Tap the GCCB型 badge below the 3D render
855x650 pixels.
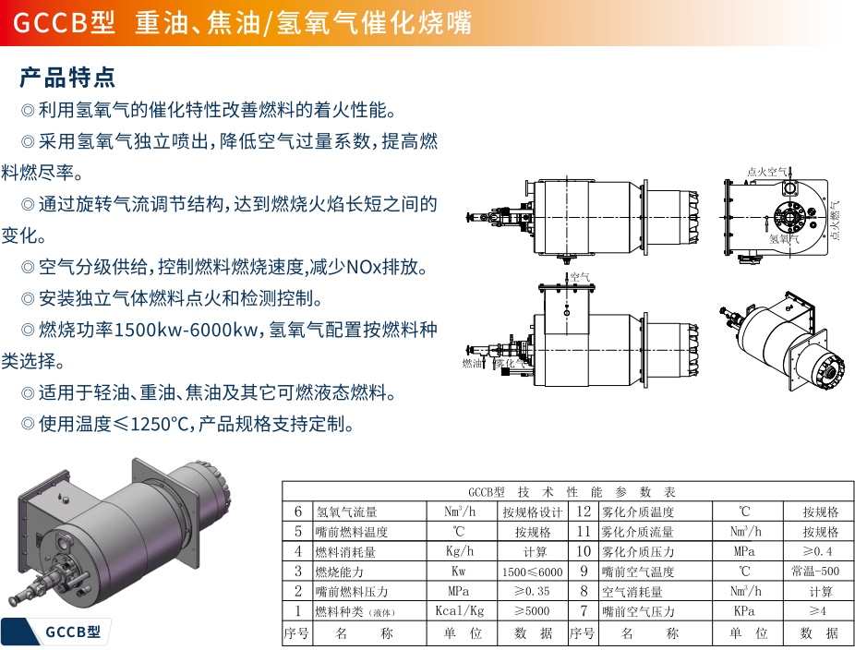point(77,632)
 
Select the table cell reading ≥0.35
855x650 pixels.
point(532,591)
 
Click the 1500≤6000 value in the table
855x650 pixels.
point(532,572)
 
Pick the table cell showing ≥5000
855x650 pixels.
point(532,611)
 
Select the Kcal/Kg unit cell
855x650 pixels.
point(459,611)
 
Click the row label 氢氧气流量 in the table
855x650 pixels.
point(346,512)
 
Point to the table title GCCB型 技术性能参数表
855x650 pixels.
point(572,492)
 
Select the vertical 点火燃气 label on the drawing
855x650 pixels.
point(835,222)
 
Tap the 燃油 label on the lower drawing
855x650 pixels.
point(472,364)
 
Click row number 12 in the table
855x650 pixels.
point(584,512)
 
